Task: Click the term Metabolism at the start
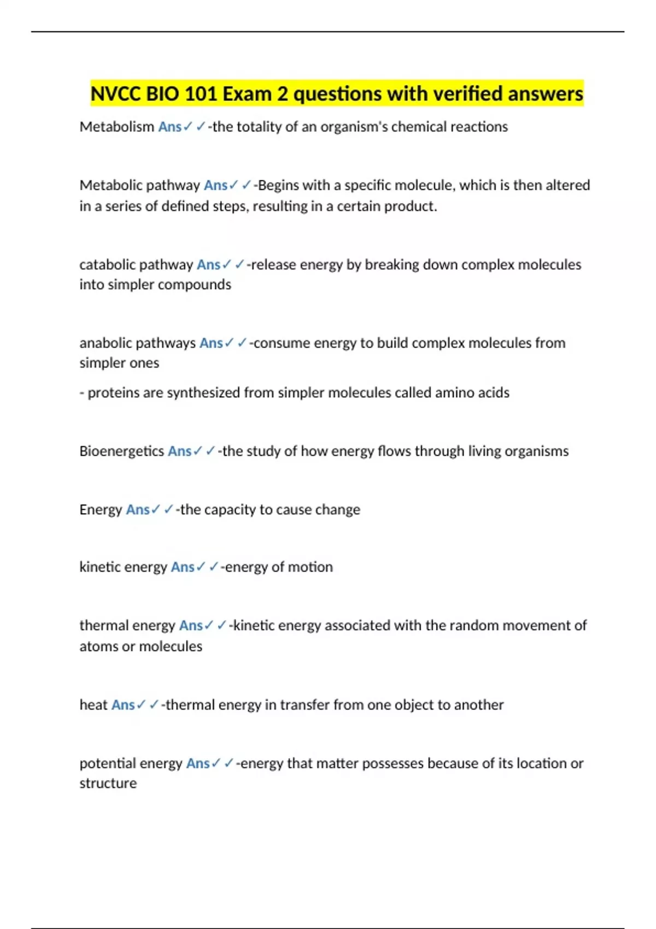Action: click(x=116, y=127)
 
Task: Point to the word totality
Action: click(x=259, y=127)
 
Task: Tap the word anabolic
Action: click(x=105, y=343)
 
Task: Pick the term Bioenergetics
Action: click(x=121, y=451)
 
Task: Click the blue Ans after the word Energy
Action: click(x=137, y=510)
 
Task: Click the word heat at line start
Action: click(x=93, y=705)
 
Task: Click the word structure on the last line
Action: click(x=108, y=784)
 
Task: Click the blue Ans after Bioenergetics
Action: click(x=179, y=451)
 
